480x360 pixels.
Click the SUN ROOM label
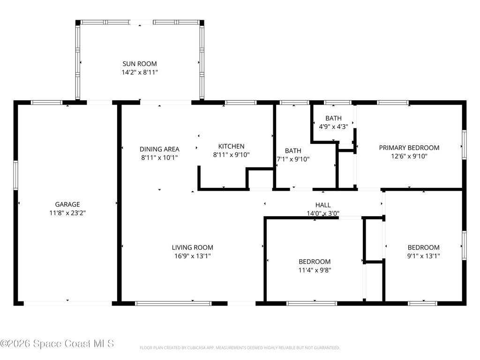click(x=140, y=64)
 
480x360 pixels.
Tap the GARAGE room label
click(x=67, y=204)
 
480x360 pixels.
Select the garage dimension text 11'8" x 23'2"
click(x=67, y=213)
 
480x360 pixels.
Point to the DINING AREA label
click(x=159, y=149)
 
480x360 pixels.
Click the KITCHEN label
click(x=231, y=146)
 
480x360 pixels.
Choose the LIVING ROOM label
click(x=192, y=247)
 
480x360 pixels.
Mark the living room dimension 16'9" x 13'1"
click(x=192, y=256)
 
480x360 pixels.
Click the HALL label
click(x=322, y=205)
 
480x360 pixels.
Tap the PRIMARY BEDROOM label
click(x=409, y=148)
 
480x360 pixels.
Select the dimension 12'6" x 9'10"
click(x=409, y=156)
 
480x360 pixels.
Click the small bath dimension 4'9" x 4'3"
click(x=333, y=126)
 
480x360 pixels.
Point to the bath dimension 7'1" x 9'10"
click(x=293, y=159)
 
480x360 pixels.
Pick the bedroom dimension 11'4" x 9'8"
click(x=315, y=270)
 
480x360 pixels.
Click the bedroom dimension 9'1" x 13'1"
click(x=423, y=256)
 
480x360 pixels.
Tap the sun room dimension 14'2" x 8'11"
click(x=140, y=72)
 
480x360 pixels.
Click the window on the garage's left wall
click(x=15, y=175)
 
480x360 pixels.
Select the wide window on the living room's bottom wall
click(x=173, y=303)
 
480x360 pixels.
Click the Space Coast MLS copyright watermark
click(x=57, y=344)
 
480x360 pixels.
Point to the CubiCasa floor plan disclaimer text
click(x=240, y=348)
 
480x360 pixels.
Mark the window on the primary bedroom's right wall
click(x=464, y=145)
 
